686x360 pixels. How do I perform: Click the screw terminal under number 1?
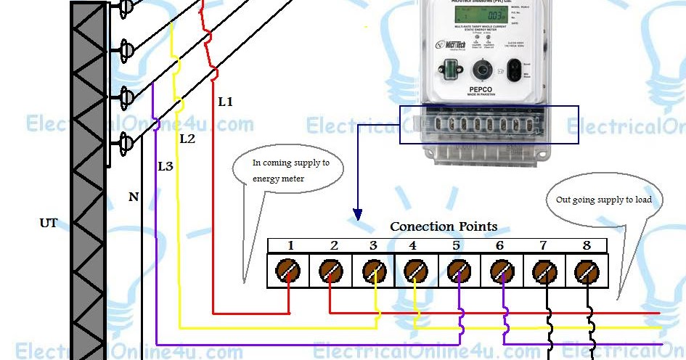coord(289,271)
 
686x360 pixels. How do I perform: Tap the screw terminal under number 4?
coord(414,271)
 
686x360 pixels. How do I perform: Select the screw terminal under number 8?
coord(586,271)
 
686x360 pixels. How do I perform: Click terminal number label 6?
coord(499,246)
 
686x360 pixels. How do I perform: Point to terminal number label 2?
coord(334,246)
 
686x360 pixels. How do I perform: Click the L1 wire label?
coord(226,102)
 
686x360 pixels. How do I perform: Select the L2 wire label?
coord(187,139)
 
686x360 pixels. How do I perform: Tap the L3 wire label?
coord(166,167)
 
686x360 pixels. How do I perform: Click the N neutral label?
coord(134,196)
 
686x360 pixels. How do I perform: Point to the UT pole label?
coord(48,223)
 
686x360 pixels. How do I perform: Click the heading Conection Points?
coord(444,226)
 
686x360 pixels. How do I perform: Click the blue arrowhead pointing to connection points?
coord(357,215)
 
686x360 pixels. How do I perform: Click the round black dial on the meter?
coord(480,70)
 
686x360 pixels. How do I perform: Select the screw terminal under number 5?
coord(457,271)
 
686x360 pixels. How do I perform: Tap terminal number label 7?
coord(543,246)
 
